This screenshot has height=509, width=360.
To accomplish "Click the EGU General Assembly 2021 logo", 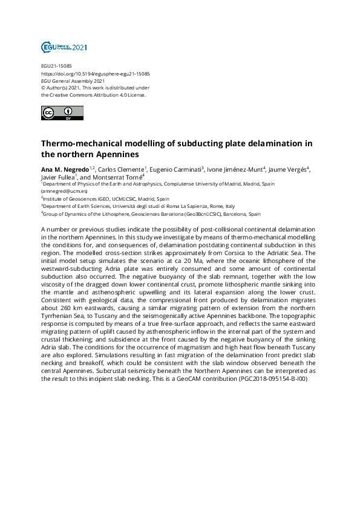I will click(64, 47).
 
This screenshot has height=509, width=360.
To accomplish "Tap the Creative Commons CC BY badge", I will click(59, 112).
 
